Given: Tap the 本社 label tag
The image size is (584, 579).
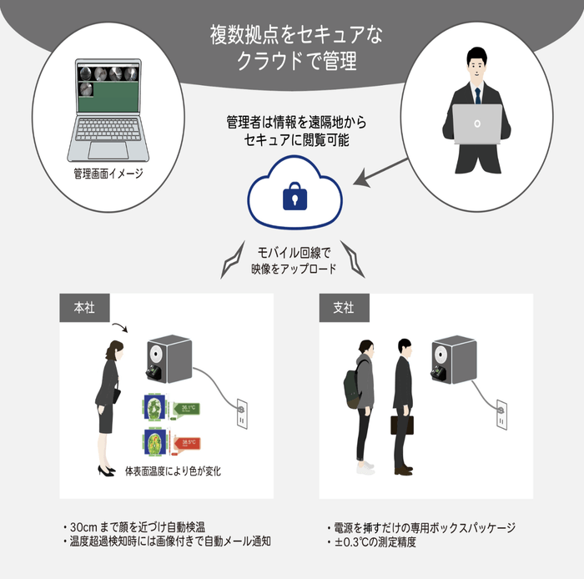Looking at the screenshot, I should pos(84,308).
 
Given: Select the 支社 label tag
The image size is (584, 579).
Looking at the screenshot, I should pos(343,308).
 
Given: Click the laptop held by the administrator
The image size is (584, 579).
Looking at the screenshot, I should pos(477,125).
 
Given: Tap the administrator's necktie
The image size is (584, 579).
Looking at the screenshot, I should pos(477,93).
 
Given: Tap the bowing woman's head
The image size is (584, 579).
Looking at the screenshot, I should pos(111,348).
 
